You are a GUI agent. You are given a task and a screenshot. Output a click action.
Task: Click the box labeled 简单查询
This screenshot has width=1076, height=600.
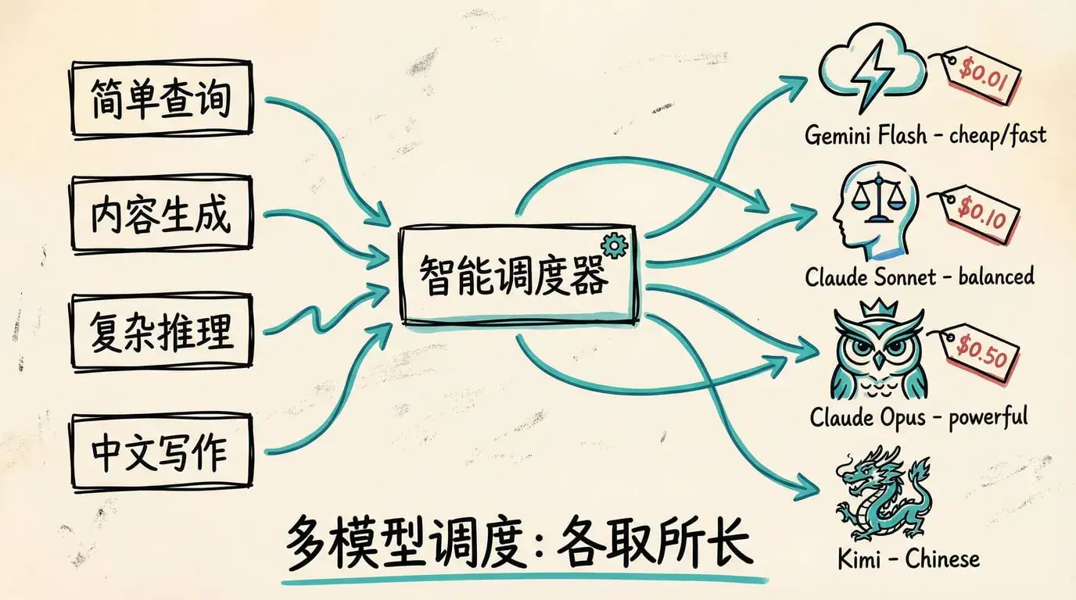[x=161, y=99]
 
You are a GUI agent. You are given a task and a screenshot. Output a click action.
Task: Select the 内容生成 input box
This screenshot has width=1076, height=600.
[x=161, y=216]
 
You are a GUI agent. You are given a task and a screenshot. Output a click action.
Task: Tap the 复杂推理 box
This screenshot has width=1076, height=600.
[x=161, y=331]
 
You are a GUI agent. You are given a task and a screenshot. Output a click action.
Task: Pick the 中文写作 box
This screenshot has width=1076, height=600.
[x=161, y=452]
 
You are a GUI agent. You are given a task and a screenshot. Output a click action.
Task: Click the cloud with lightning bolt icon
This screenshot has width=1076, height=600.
[x=869, y=70]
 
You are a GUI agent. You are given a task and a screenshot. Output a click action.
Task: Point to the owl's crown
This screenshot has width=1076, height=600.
[x=883, y=309]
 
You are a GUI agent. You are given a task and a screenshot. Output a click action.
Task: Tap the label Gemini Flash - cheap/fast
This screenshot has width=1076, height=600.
[x=925, y=135]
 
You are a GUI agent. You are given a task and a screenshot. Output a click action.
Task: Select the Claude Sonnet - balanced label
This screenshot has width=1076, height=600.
[x=919, y=277]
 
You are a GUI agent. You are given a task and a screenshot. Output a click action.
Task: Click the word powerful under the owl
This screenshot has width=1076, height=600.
[x=988, y=416]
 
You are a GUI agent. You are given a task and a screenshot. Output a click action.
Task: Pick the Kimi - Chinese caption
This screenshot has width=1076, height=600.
[x=907, y=559]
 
